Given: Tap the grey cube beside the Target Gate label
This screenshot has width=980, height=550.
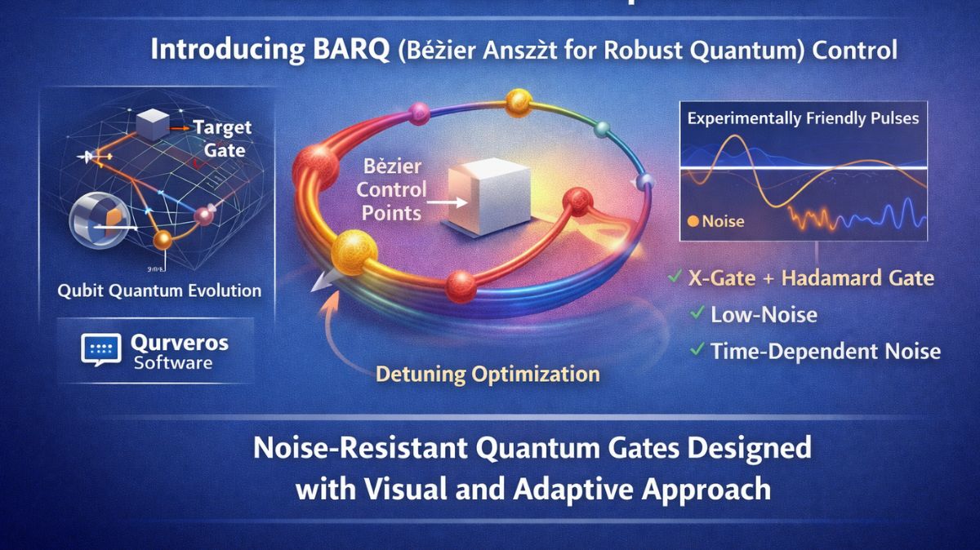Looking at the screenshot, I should point(154,126).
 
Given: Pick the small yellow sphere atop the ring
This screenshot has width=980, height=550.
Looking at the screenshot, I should point(519,102).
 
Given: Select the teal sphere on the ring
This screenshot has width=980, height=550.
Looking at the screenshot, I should point(603,128).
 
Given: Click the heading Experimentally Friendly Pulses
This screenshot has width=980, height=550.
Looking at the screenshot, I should point(803,118).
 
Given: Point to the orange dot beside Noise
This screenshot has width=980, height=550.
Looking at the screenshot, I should point(693,220).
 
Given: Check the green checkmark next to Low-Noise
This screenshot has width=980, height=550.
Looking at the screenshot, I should point(697,313).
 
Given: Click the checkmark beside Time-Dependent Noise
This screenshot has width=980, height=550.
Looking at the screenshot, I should point(697,350).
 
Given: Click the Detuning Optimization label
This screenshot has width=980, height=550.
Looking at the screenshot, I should point(488,375).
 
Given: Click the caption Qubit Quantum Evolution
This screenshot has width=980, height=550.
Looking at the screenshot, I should point(159,291).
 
